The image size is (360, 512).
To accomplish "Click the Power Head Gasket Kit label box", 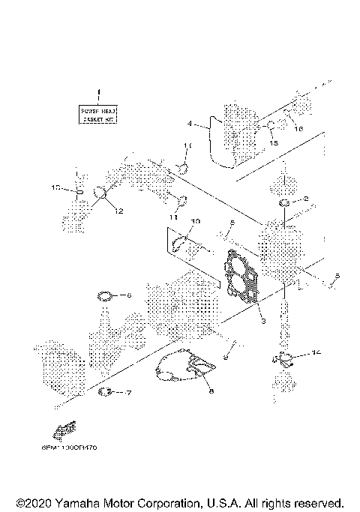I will click(99, 115).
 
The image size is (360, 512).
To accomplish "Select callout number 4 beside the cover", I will click(190, 122).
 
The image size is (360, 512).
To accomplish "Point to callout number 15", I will click(274, 142).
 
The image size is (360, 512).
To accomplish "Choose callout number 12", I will click(118, 212).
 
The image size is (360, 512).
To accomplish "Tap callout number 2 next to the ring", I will click(305, 200).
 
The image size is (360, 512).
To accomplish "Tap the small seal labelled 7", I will click(107, 391).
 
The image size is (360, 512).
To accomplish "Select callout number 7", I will click(128, 392).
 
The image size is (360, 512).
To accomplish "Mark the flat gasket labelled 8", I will click(185, 367).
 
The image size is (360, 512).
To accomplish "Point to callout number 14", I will click(316, 351).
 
